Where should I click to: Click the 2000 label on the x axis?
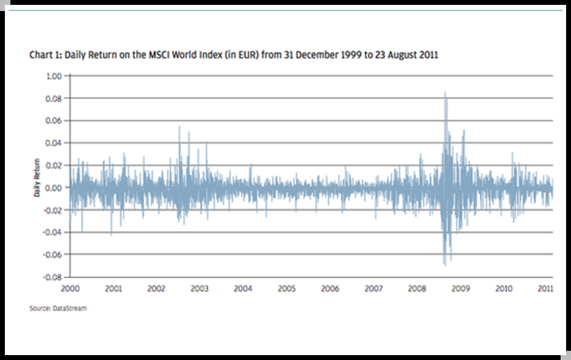point(70,288)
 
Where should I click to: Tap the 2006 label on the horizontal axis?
point(330,288)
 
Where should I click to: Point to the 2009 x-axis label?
point(461,288)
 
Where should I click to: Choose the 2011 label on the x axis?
point(546,288)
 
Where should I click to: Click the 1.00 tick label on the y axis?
point(54,76)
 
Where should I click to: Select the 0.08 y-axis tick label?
point(54,98)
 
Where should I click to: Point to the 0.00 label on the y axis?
point(54,187)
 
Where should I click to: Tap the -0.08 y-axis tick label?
point(53,277)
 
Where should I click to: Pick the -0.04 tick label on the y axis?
point(53,232)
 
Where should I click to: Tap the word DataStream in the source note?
point(72,309)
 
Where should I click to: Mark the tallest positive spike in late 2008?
point(445,92)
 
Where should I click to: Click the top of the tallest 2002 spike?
point(179,127)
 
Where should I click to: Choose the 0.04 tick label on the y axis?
point(54,143)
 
